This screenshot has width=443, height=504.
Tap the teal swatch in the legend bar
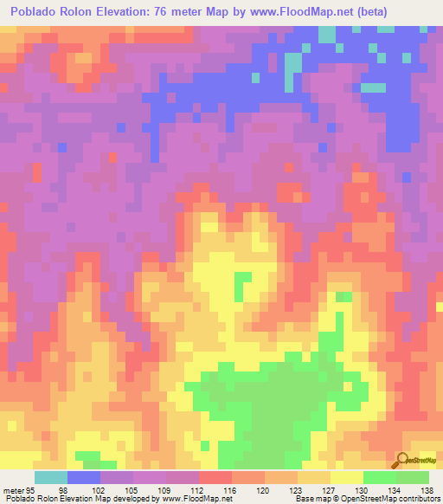[x=51, y=477]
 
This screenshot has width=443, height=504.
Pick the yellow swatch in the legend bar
[x=347, y=477]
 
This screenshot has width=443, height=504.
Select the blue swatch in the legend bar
[x=84, y=477]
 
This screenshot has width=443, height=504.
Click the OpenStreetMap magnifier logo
[x=404, y=458]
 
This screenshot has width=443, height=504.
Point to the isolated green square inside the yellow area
[x=244, y=283]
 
